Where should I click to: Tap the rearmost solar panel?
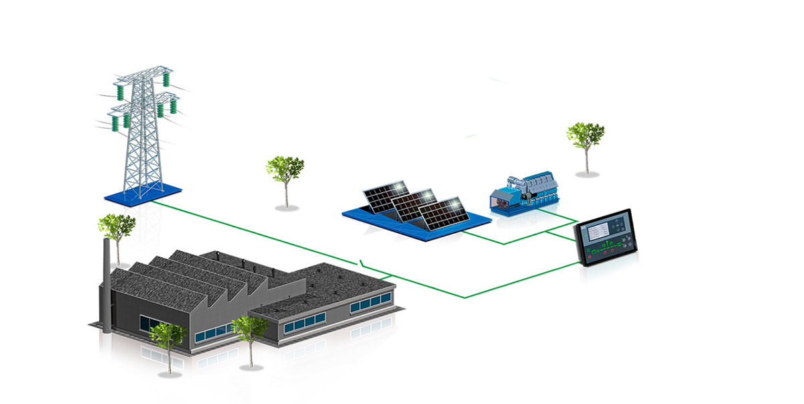(385, 194)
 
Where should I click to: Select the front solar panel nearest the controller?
(443, 212)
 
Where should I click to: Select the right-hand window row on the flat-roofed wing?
(369, 303)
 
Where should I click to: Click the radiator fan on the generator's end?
(500, 198)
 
